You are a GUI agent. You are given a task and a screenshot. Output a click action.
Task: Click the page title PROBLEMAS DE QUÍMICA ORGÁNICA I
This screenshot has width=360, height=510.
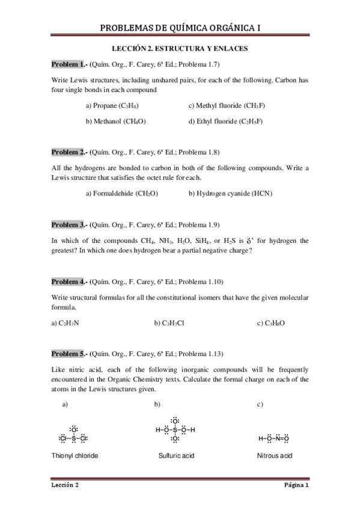point(180,28)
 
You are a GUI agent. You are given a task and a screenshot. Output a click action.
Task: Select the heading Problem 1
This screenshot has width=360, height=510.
point(68,64)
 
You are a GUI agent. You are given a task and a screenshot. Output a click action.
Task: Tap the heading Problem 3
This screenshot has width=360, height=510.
point(68,225)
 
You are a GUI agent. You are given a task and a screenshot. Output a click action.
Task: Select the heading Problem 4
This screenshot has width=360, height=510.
point(68,281)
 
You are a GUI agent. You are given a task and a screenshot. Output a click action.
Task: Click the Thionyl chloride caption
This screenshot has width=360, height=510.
point(75,456)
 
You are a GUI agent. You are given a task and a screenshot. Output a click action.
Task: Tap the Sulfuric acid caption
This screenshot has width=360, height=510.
point(176,456)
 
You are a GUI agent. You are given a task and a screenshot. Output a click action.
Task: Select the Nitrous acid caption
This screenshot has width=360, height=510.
point(274,456)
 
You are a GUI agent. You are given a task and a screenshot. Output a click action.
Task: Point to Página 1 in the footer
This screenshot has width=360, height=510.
point(296,485)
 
